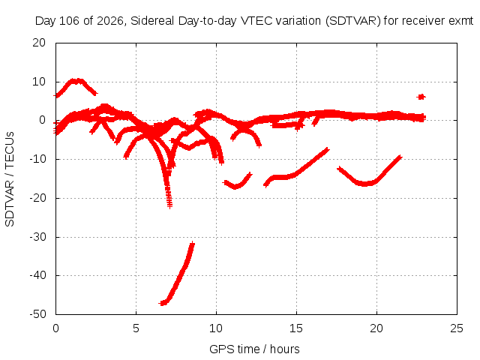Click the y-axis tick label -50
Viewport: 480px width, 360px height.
point(37,314)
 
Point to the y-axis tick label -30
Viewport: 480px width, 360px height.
point(37,237)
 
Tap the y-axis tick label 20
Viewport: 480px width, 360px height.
point(39,43)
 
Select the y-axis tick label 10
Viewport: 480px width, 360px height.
point(39,82)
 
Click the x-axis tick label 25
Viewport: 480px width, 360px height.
point(457,328)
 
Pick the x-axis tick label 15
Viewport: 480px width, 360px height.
point(296,328)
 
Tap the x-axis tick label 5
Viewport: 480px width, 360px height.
point(136,328)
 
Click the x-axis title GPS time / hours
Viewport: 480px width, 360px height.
point(254,349)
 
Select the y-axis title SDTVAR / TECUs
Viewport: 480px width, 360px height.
point(10,179)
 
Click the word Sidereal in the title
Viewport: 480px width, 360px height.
point(152,21)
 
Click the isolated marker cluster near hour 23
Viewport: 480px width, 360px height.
point(421,97)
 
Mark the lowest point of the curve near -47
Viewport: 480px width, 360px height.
point(162,303)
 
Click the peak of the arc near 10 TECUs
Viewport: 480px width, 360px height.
point(76,81)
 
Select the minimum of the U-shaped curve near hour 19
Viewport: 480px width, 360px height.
point(365,184)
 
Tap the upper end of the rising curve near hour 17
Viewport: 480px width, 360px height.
point(328,150)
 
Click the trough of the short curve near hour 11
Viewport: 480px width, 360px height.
point(235,186)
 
